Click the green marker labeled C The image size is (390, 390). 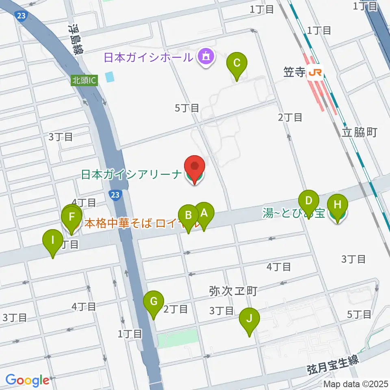point(237,63)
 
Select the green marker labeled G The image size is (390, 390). point(154,302)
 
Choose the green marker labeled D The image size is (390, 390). point(309,201)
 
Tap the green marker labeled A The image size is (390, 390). point(204,213)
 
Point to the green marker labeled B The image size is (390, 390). point(188,216)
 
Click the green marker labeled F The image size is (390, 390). point(72,217)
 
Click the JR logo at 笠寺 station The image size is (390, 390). point(316,72)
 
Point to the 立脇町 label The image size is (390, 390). point(360,132)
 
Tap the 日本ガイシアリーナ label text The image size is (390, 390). point(131,175)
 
